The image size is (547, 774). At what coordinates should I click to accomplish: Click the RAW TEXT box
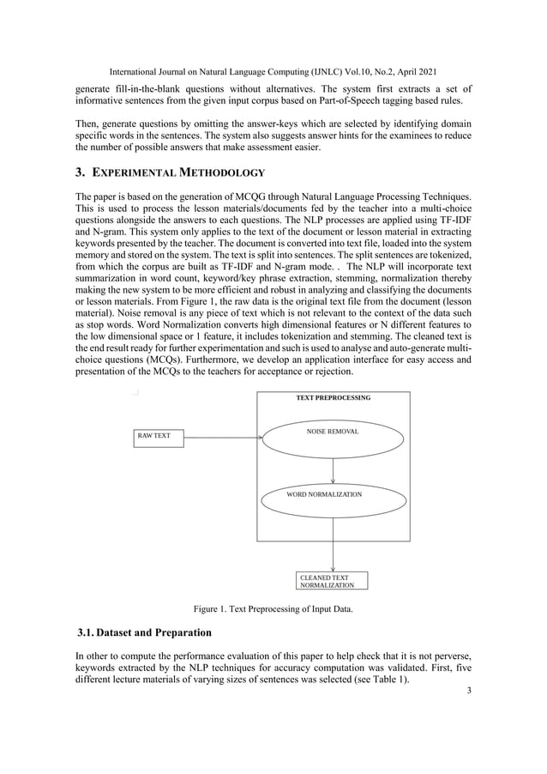pyautogui.click(x=157, y=437)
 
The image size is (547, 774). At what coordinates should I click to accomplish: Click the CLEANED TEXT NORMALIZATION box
pyautogui.click(x=332, y=581)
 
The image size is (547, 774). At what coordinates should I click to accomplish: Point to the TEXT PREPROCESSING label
pyautogui.click(x=333, y=398)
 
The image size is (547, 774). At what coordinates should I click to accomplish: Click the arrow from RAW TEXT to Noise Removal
pyautogui.click(x=223, y=437)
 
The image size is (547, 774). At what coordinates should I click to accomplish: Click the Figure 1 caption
pyautogui.click(x=273, y=609)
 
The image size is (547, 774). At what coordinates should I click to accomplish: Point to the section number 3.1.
pyautogui.click(x=86, y=633)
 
